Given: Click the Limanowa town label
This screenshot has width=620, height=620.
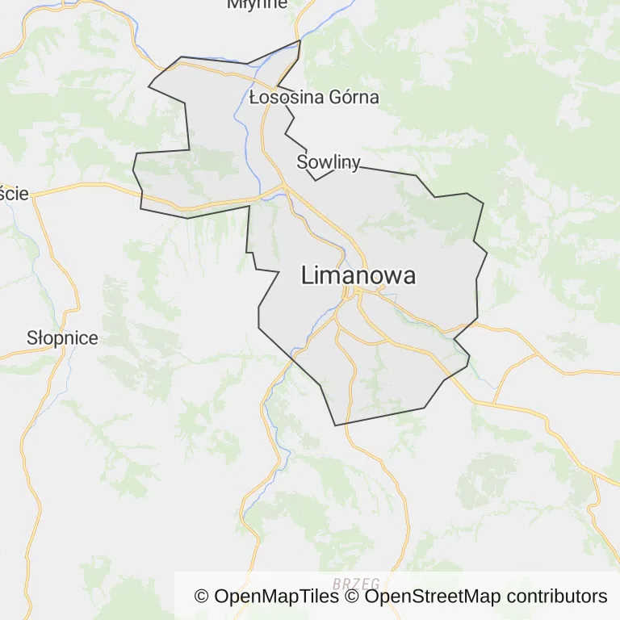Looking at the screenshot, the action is [x=358, y=275].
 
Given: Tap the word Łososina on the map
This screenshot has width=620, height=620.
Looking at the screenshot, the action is [x=284, y=98].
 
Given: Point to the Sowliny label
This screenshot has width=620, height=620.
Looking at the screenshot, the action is [x=328, y=161].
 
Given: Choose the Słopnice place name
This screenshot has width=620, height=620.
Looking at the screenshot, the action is [x=62, y=338].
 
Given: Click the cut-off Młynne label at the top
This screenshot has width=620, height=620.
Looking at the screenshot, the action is [x=257, y=4].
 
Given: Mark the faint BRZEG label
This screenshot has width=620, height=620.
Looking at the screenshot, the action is [x=356, y=583].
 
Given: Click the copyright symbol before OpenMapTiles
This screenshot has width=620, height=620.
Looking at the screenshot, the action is [x=202, y=597].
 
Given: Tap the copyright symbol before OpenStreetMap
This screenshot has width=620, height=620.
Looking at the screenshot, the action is [x=352, y=597].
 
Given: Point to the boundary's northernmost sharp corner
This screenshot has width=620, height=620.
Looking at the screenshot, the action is [x=300, y=40].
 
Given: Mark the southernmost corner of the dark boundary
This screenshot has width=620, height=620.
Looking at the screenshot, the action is [x=335, y=425].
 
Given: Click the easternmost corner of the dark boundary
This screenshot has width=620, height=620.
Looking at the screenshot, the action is [x=488, y=253].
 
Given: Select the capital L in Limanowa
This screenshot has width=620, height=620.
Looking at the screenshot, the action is [x=308, y=275].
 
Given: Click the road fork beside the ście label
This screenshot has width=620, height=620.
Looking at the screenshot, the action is [x=33, y=195].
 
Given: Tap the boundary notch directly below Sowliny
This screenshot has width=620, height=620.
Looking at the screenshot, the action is [x=316, y=180].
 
